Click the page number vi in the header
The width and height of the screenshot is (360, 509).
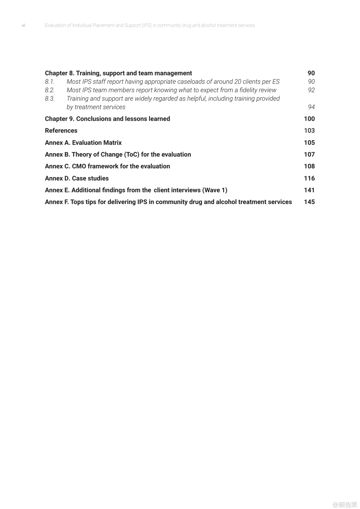23,25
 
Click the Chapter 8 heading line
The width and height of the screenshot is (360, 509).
118,73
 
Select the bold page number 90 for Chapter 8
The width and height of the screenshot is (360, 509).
311,73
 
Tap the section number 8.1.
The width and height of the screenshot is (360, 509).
50,82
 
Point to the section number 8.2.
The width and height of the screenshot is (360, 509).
50,90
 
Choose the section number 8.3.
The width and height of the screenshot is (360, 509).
50,99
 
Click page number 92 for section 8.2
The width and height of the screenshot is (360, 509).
311,90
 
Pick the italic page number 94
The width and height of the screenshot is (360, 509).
311,107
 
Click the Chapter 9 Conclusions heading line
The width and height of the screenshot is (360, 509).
107,119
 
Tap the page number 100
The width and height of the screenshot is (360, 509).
309,119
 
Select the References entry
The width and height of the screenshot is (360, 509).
61,131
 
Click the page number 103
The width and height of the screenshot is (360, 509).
309,131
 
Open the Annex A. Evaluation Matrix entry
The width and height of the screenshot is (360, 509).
83,143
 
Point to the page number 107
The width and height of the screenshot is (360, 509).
309,154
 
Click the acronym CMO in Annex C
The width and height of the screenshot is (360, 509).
79,166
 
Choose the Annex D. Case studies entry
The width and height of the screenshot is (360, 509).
77,178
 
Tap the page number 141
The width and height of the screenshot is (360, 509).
309,190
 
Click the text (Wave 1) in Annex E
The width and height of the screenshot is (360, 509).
215,190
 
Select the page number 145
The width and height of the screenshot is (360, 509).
309,202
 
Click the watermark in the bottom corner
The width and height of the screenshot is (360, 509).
345,505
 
